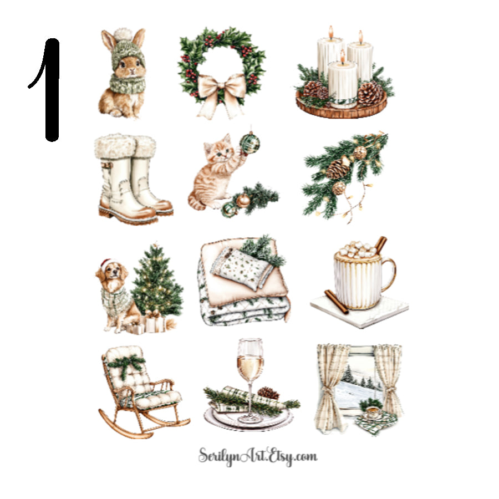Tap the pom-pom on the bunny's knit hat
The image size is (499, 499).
pyautogui.click(x=124, y=34)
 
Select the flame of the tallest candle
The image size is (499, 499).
pyautogui.click(x=331, y=31)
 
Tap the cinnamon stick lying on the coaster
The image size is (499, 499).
pyautogui.click(x=336, y=302)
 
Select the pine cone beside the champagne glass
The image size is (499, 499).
pyautogui.click(x=269, y=393)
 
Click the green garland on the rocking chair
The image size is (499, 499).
pyautogui.click(x=126, y=364)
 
